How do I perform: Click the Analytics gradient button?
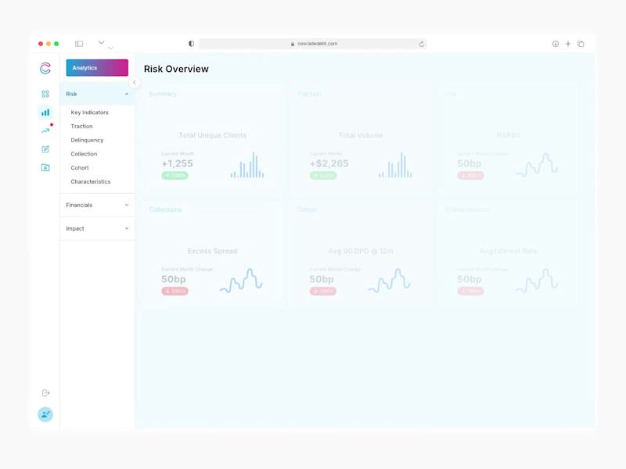(97, 68)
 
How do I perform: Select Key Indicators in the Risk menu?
(89, 113)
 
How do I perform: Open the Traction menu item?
(81, 127)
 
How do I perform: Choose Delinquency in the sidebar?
(87, 140)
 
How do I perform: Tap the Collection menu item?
(84, 154)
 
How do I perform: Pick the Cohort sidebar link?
(79, 168)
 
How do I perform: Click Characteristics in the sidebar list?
(90, 181)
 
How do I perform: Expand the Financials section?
(97, 205)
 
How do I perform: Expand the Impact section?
(97, 228)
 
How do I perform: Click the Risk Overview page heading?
(176, 69)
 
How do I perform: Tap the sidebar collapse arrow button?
(135, 82)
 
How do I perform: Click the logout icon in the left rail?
(45, 392)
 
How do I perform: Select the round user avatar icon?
(45, 414)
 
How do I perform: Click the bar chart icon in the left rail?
(45, 113)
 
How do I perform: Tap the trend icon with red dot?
(45, 131)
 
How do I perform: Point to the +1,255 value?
(177, 163)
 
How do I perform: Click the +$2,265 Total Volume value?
(329, 163)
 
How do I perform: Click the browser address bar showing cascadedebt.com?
(313, 44)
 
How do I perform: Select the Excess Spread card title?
(212, 251)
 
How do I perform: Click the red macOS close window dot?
(41, 44)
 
